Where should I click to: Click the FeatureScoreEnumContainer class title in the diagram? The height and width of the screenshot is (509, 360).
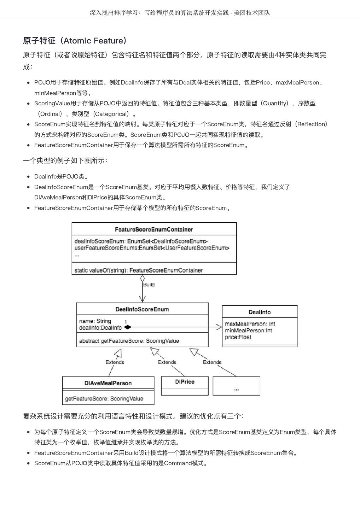click(154, 229)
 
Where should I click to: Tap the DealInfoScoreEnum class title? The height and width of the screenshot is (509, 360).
click(142, 309)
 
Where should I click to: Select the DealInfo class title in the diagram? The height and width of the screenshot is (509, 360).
click(260, 312)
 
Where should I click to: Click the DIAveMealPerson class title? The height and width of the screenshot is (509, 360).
click(108, 383)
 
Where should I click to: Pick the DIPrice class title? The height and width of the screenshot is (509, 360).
click(185, 382)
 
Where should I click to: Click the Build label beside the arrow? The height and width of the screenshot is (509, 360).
click(149, 285)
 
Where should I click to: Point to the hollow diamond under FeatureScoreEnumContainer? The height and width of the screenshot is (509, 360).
click(143, 278)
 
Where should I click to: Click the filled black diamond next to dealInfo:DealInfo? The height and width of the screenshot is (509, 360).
click(128, 327)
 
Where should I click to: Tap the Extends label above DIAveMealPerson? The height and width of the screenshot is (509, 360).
click(115, 362)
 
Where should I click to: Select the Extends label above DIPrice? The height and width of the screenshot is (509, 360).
click(167, 362)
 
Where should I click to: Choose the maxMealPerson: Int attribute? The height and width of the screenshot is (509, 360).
click(250, 324)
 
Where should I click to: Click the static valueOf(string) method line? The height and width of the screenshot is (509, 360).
click(138, 270)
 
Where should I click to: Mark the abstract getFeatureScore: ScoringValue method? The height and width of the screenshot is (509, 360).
click(129, 341)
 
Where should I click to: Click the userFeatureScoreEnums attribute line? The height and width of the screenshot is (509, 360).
click(152, 248)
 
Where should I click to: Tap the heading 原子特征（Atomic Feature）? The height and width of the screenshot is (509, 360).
click(75, 41)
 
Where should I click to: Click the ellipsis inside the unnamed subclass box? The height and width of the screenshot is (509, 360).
click(236, 389)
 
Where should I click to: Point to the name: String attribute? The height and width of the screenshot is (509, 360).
click(95, 321)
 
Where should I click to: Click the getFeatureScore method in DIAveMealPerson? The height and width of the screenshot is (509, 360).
click(104, 399)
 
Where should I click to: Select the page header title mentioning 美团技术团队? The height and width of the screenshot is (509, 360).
click(180, 13)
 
